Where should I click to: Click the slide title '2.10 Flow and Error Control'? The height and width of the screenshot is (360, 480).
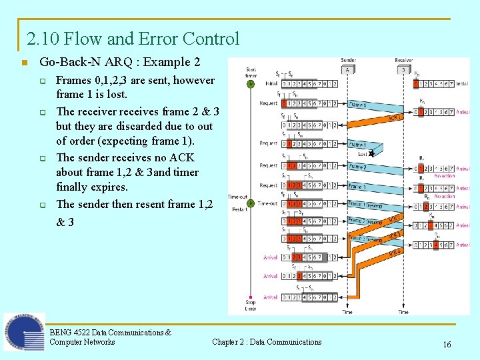[133, 39]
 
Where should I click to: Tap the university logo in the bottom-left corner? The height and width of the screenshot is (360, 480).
[24, 331]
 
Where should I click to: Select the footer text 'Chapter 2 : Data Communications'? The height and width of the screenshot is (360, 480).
[267, 342]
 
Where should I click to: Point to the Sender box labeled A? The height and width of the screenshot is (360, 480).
[347, 69]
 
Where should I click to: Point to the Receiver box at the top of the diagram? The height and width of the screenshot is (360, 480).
[403, 69]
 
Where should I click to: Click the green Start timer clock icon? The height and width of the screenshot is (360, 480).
[251, 84]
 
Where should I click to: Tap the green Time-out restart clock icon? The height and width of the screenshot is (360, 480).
[251, 203]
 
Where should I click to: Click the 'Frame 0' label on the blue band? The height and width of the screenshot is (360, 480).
[359, 105]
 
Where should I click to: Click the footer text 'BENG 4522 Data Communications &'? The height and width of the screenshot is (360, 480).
[110, 332]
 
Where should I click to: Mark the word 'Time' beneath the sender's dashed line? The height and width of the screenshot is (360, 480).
[347, 312]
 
